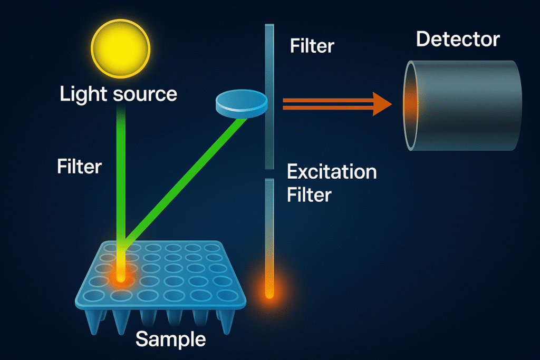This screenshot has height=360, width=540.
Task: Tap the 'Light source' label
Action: (x=118, y=94)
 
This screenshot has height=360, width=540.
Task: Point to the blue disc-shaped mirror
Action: (x=242, y=102)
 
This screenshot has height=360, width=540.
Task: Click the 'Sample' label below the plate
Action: (x=170, y=339)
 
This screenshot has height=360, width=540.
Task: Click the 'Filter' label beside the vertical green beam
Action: (x=79, y=167)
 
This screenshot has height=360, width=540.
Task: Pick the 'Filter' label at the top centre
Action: (x=312, y=46)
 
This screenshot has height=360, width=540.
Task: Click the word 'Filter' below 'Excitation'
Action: (x=309, y=195)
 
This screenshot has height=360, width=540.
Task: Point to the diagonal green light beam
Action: (x=185, y=179)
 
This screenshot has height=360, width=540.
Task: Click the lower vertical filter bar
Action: (x=269, y=227)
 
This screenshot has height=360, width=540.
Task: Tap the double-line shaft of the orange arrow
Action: (x=327, y=103)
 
